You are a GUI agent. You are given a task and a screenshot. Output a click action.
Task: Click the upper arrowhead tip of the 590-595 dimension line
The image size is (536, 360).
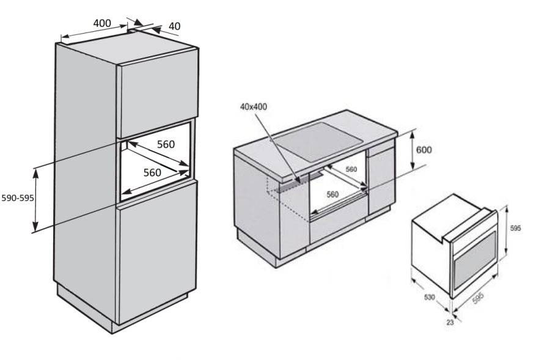pos(35,169)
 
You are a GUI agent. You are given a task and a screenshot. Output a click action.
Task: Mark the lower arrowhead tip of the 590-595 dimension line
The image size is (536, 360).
pos(35,231)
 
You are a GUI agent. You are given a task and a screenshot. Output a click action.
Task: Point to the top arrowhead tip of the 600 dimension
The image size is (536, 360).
pos(413,131)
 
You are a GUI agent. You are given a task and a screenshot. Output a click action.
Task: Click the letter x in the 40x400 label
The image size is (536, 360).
pos(252,107)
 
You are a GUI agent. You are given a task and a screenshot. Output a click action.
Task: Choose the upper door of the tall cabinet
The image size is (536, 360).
pos(158,93)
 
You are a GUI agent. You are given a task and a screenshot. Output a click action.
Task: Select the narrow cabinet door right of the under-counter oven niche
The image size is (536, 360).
pos(381,185)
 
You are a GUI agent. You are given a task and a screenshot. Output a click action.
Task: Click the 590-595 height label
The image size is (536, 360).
pos(18,198)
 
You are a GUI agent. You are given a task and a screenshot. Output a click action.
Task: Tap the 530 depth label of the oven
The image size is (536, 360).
pos(429,298)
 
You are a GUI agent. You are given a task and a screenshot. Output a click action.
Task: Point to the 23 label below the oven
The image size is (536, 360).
pos(450,322)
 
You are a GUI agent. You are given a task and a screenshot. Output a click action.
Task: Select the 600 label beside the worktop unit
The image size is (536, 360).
pos(424,150)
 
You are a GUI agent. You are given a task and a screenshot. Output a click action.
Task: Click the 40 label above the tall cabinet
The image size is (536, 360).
pos(174,26)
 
